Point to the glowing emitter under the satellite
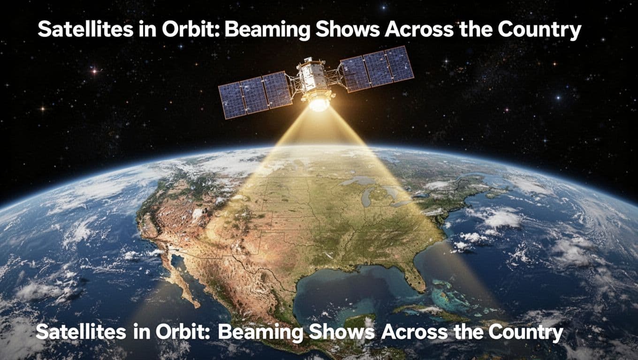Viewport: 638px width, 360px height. pos(319,104)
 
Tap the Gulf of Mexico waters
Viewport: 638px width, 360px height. pos(338,286)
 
